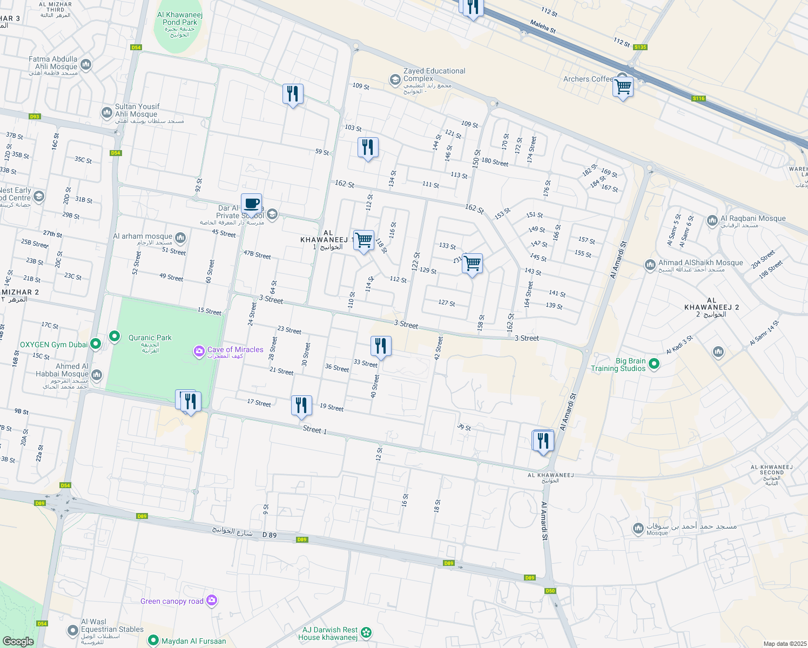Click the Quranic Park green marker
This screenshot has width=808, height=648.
[115, 337]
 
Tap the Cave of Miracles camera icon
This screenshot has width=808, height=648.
[199, 352]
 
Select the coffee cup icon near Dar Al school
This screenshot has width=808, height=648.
[251, 204]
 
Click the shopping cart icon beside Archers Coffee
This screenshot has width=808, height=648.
[623, 86]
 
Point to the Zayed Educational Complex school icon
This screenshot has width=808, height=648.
[395, 80]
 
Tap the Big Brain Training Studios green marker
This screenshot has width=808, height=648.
[654, 364]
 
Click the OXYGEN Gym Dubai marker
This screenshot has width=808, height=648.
[96, 343]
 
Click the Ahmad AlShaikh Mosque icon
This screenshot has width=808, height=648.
[650, 265]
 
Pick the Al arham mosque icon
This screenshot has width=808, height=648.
[180, 237]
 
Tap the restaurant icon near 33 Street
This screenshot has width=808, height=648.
[381, 346]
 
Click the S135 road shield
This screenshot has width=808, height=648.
[640, 47]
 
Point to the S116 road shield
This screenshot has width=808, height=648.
[698, 98]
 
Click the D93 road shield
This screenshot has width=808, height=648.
[35, 117]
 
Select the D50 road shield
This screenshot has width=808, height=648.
[550, 591]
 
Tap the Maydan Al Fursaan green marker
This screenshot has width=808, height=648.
[154, 640]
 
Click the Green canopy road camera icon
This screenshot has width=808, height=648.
[211, 600]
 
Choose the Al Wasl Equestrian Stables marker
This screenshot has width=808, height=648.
[73, 630]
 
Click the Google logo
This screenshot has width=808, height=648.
[18, 641]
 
